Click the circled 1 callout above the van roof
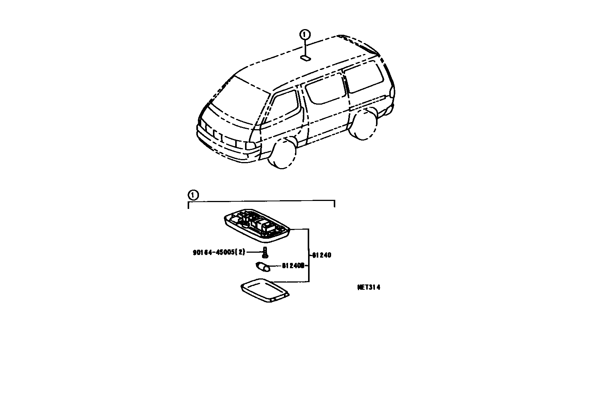(305, 35)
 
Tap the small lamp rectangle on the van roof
(305, 58)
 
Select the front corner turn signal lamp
(250, 145)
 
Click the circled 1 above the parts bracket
(193, 195)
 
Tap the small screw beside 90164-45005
(265, 252)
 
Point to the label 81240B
(293, 266)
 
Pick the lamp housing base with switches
(257, 224)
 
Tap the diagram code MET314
(368, 287)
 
